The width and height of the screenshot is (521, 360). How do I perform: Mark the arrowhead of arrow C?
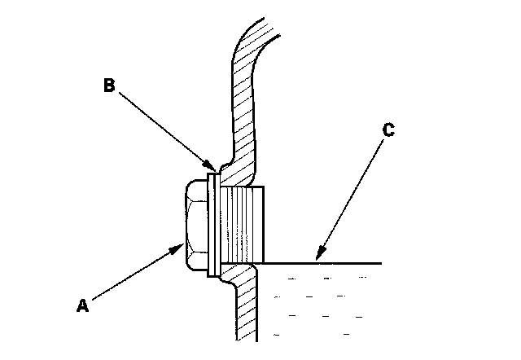coord(317,258)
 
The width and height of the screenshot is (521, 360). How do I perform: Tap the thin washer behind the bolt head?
coord(212,224)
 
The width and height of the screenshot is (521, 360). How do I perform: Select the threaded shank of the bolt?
coord(243,224)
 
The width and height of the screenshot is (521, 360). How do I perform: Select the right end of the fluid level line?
coord(380,263)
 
